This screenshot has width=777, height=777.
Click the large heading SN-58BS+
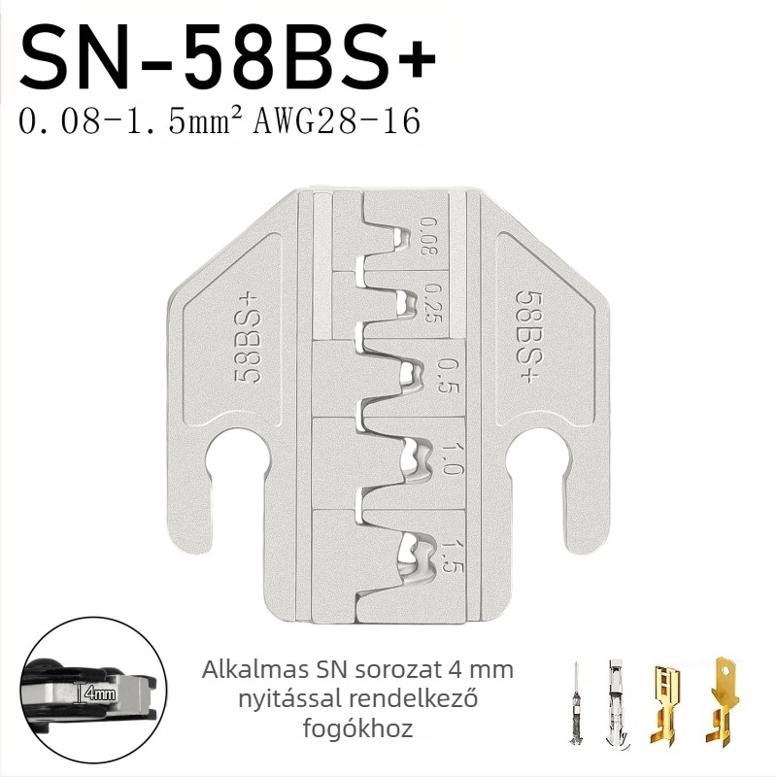pyautogui.click(x=227, y=60)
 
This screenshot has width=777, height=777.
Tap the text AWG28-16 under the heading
pyautogui.click(x=337, y=122)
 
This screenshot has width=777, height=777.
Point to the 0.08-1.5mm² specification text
pyautogui.click(x=133, y=122)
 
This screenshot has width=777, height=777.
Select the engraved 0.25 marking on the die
pyautogui.click(x=432, y=303)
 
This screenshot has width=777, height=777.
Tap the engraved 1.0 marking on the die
pyautogui.click(x=448, y=458)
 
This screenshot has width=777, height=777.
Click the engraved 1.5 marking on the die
pyautogui.click(x=451, y=557)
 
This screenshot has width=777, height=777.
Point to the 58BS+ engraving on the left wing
pyautogui.click(x=247, y=337)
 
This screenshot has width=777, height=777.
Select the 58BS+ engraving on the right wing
pyautogui.click(x=528, y=337)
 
